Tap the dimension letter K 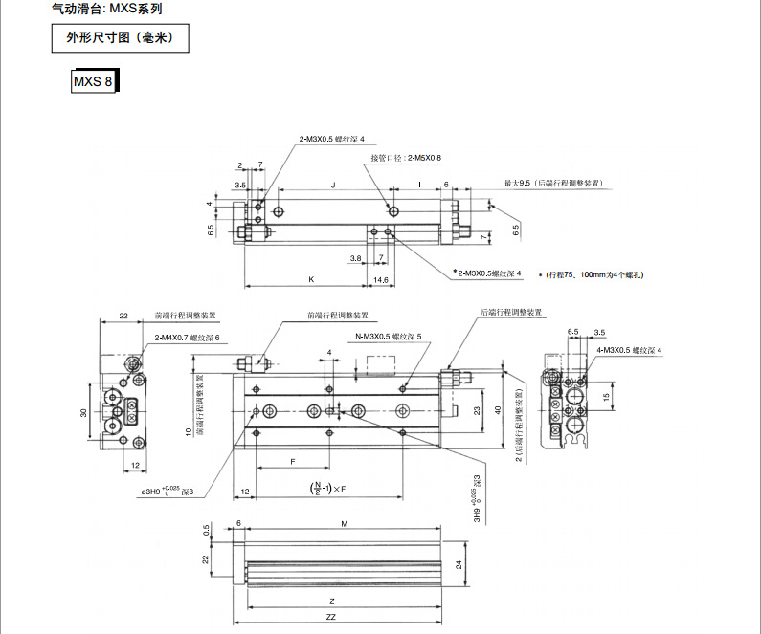click(311, 278)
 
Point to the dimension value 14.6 click(380, 278)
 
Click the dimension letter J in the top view click(332, 182)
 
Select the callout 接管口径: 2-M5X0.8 click(406, 157)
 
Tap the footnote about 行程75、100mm click(594, 274)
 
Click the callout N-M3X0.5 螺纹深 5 click(389, 336)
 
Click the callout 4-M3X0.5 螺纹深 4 click(629, 351)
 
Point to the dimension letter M click(344, 524)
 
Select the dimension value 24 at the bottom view click(459, 564)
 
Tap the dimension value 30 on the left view click(83, 413)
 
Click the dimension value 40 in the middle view click(498, 408)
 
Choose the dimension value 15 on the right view click(605, 395)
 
